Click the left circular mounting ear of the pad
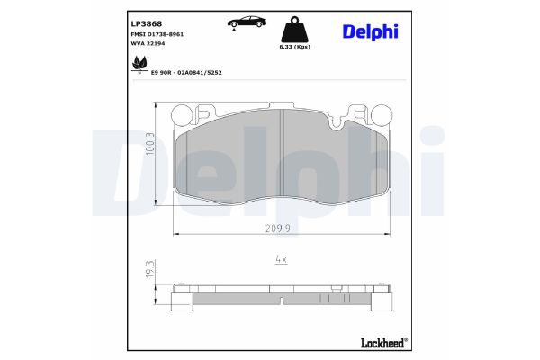tap(183, 113)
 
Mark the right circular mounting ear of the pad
tap(381, 113)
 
